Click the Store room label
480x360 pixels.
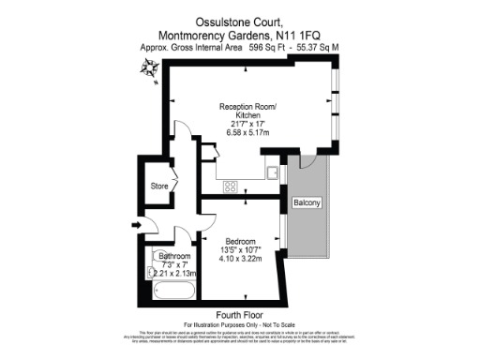[x=159, y=187]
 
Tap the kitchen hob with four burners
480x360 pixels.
[x=231, y=187]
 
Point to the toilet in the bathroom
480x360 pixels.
[x=152, y=272]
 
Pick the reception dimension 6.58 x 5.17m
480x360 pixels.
[x=238, y=133]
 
